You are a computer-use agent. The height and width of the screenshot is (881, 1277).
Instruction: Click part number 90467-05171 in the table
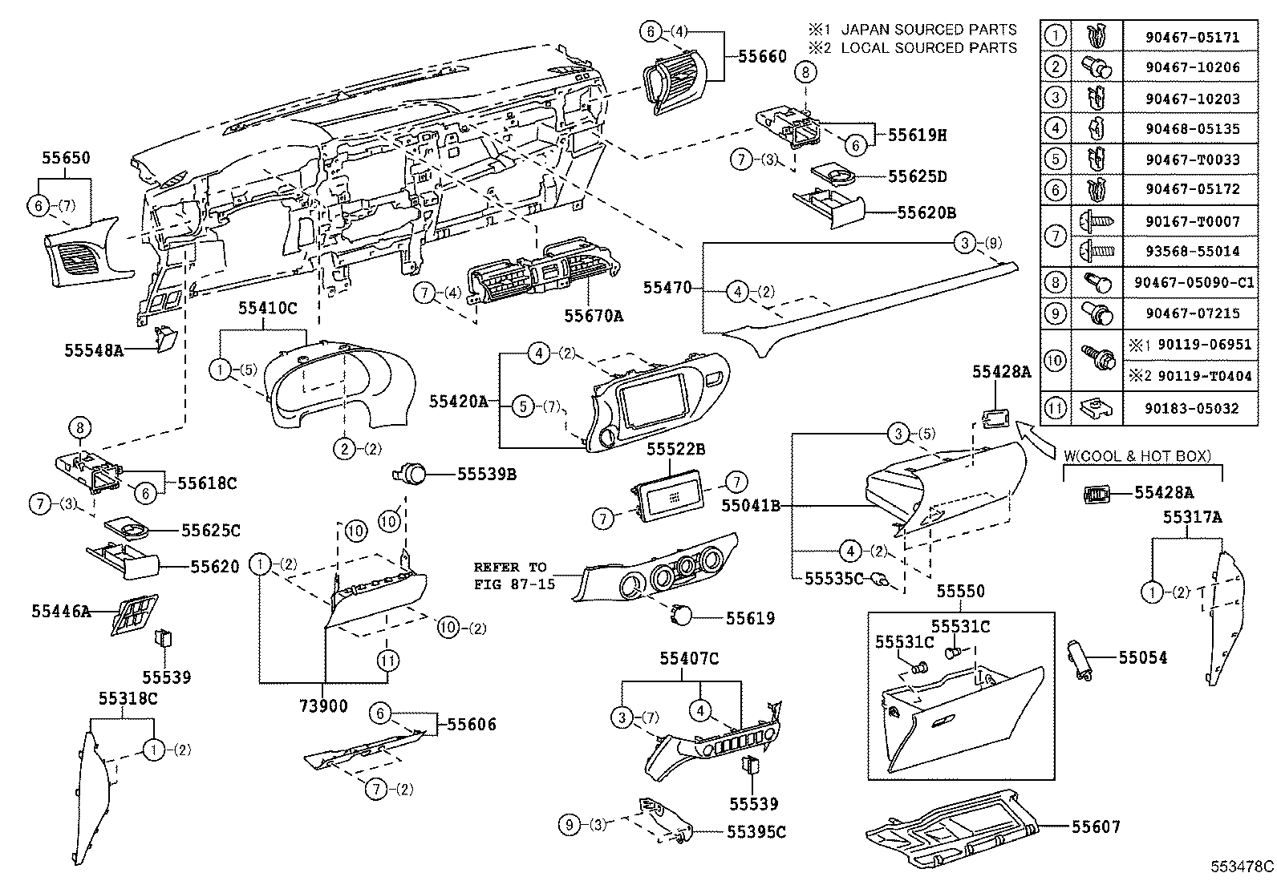tap(1192, 37)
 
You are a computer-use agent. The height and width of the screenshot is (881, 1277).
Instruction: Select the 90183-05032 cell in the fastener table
tap(1192, 408)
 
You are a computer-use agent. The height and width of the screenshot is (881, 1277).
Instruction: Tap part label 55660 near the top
tap(763, 56)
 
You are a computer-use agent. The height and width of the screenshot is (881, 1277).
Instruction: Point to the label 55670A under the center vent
tap(594, 316)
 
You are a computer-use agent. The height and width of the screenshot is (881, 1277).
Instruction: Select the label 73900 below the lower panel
tap(324, 705)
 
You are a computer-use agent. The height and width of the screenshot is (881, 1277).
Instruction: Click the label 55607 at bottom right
tap(1096, 826)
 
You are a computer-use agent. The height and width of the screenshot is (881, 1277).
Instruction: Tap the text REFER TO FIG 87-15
tap(513, 576)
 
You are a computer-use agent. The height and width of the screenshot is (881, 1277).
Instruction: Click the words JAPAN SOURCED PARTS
tap(929, 30)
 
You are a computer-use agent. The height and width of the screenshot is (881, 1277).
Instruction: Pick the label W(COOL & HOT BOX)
tap(1137, 455)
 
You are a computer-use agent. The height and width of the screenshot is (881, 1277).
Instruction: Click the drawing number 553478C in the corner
tap(1242, 866)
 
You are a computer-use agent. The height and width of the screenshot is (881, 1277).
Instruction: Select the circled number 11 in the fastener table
tap(1056, 408)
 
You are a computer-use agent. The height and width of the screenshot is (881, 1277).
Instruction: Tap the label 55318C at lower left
tap(128, 697)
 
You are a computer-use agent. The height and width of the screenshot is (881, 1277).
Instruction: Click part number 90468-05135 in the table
tap(1192, 128)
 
